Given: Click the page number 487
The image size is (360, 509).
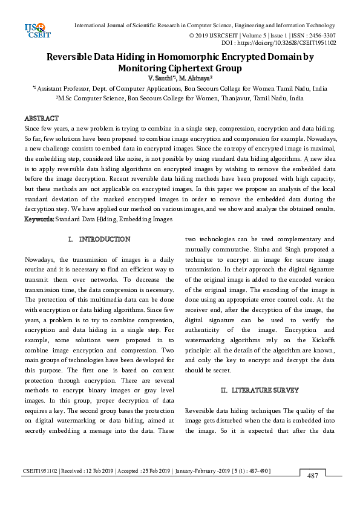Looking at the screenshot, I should pos(313,476).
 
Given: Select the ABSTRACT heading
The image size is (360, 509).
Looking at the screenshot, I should pos(41,118).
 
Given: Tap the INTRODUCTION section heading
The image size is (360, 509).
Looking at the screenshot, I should pos(104,239).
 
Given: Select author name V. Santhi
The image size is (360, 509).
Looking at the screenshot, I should pos(161,79).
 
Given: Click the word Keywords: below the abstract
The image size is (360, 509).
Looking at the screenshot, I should pos(39,218).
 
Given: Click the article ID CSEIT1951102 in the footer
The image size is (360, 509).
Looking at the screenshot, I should pos(41,471).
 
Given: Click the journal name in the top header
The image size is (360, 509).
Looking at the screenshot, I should pos(205,25).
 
